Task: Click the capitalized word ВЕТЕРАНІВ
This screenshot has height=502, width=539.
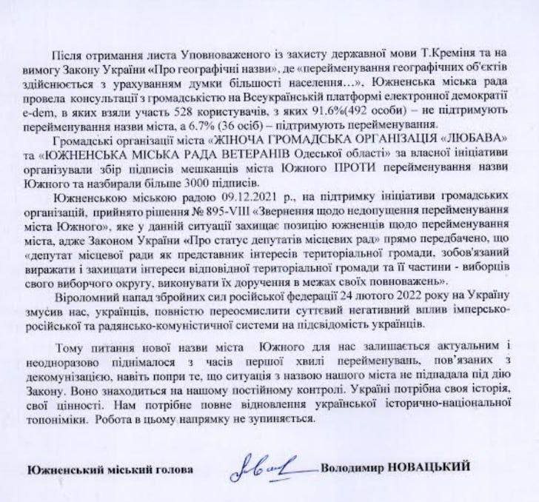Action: click(x=230, y=158)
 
